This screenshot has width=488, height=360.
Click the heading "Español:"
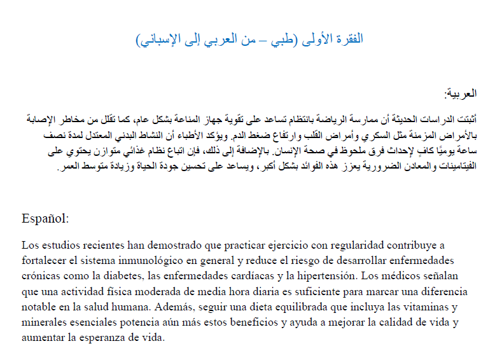(45, 218)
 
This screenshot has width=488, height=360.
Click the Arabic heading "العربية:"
(459, 95)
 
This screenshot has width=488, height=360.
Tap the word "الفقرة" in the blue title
(349, 39)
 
